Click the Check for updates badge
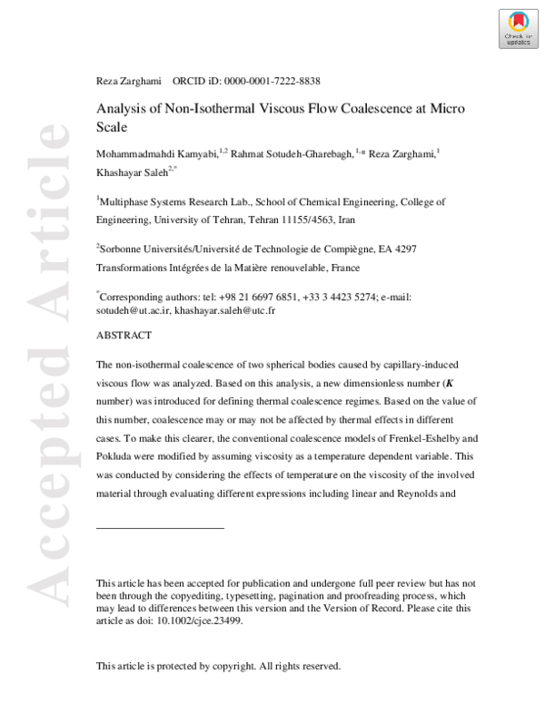click(518, 28)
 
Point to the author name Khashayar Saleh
click(131, 171)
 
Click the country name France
click(345, 268)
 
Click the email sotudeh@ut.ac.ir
click(133, 310)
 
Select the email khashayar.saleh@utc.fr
click(224, 310)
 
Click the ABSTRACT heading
click(124, 335)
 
